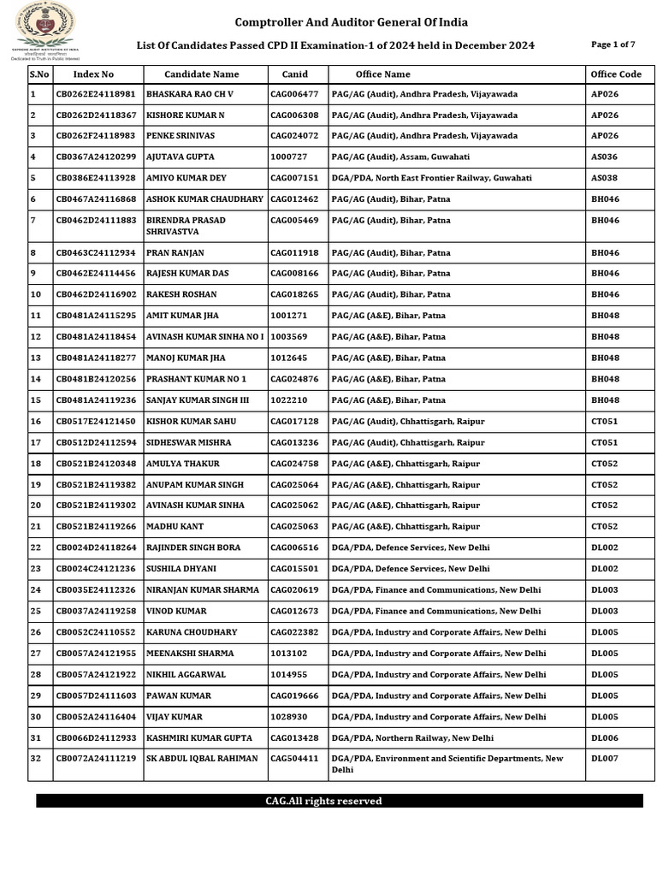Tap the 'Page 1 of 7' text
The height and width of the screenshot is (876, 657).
coord(613,44)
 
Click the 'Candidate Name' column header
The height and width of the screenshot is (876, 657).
coord(202,74)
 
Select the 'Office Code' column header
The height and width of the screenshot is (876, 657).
coord(616,74)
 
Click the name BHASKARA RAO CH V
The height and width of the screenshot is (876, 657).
coord(190,94)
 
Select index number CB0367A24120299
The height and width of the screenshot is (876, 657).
coord(96,157)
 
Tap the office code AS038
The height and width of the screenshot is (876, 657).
coord(604,178)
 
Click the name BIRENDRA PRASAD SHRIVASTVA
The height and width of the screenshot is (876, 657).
coord(186,226)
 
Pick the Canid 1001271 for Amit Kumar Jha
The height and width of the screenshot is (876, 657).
coord(288,316)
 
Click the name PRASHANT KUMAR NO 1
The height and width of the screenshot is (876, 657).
coord(196,379)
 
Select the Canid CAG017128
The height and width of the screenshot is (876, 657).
coord(294,422)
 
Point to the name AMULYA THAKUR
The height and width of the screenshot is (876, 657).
coord(183,464)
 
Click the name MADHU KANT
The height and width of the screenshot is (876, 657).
coord(175,527)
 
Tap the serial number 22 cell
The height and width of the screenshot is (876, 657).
coord(36,547)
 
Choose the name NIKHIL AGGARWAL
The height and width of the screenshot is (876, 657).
coord(186,675)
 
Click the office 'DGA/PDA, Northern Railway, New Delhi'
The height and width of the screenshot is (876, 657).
coord(412,738)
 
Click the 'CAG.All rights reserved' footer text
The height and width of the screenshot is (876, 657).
coord(323,802)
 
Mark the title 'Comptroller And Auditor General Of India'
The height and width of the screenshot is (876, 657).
coord(352,22)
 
